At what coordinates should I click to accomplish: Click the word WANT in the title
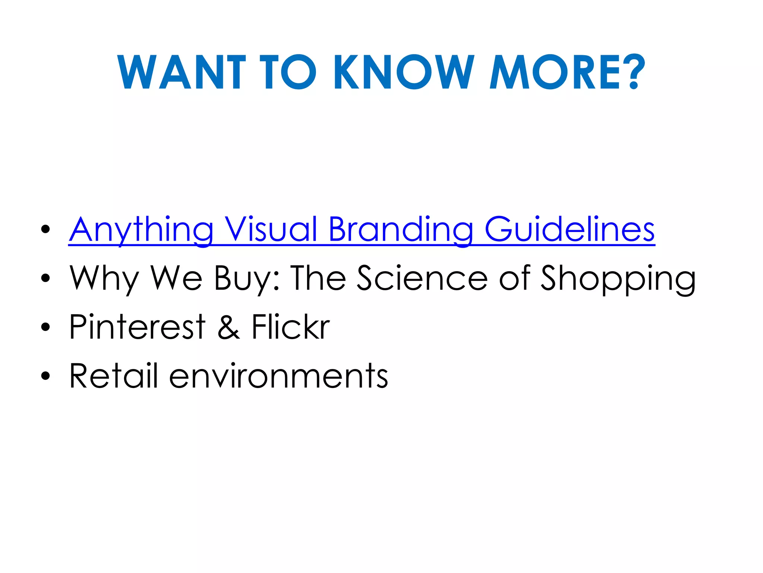pyautogui.click(x=181, y=72)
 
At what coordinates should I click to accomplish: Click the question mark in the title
pyautogui.click(x=635, y=72)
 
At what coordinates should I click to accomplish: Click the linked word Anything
pyautogui.click(x=142, y=230)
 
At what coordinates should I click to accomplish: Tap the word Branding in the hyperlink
pyautogui.click(x=401, y=230)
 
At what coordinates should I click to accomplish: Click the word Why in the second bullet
pyautogui.click(x=104, y=279)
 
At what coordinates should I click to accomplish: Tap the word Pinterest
pyautogui.click(x=137, y=327)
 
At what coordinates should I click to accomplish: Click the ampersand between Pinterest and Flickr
pyautogui.click(x=228, y=327)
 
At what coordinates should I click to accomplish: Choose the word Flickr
pyautogui.click(x=291, y=327)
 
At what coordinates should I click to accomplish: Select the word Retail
pyautogui.click(x=114, y=376)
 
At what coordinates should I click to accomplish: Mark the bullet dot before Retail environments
pyautogui.click(x=45, y=376)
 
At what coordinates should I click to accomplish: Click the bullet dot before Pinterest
pyautogui.click(x=45, y=327)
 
